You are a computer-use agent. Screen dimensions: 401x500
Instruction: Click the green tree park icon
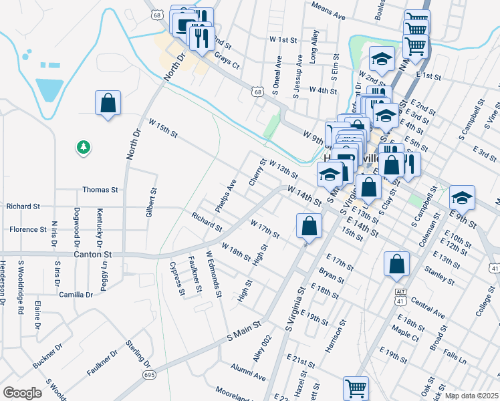(83, 146)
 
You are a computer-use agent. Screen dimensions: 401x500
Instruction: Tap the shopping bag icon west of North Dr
(108, 104)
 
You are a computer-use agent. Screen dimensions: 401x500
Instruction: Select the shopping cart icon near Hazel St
(356, 388)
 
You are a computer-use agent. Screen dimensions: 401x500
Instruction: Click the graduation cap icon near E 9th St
(461, 198)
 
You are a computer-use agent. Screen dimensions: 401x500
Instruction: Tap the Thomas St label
(100, 190)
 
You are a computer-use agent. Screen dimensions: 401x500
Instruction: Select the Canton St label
(93, 255)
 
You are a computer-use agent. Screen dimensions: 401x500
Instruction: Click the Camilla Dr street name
(76, 295)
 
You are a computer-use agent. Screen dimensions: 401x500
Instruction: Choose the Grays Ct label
(227, 61)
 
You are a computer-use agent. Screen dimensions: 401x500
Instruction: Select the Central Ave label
(428, 307)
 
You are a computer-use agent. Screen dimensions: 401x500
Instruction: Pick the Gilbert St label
(152, 203)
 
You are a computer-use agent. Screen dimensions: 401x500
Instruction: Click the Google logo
(22, 393)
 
